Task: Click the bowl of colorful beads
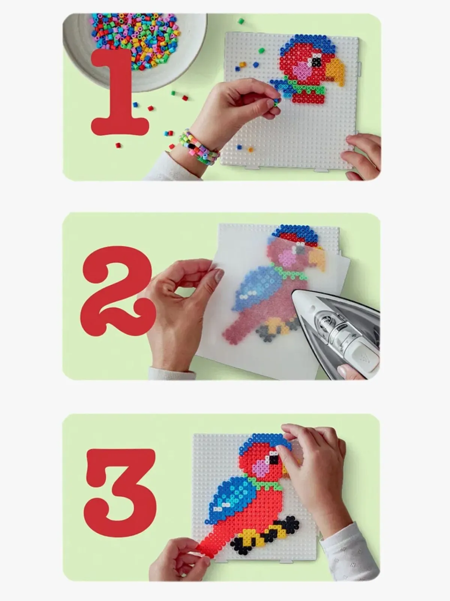click(x=134, y=47)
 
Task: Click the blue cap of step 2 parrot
click(x=295, y=233)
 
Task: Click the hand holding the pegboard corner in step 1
click(x=362, y=156)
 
